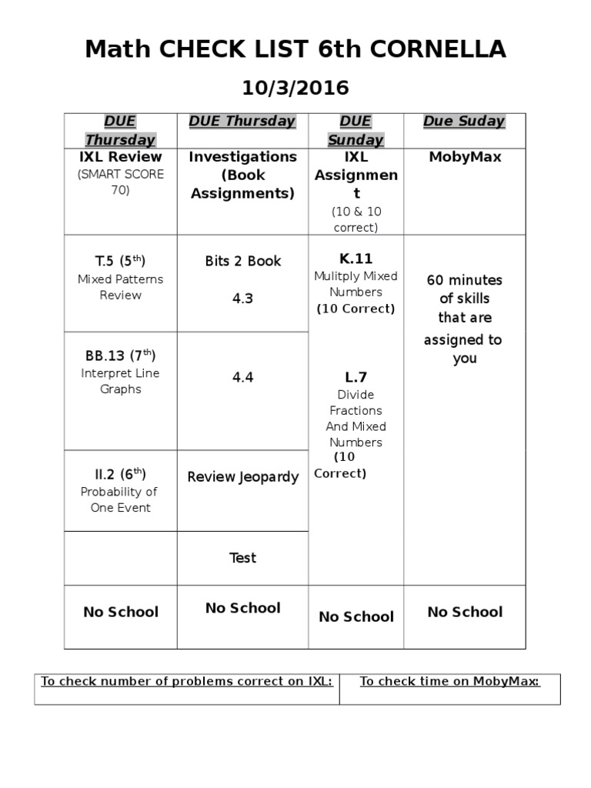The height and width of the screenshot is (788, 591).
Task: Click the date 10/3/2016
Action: pos(295,88)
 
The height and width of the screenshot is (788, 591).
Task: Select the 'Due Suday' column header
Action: pos(464,121)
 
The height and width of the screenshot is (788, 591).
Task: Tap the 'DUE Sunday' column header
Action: pos(355,130)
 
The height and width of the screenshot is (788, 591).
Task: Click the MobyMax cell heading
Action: pos(464,157)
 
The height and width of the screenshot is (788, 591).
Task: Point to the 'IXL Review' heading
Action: pos(120,157)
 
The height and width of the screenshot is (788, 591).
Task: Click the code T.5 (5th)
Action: pos(120,261)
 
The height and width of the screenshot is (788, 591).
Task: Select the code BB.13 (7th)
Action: pos(120,356)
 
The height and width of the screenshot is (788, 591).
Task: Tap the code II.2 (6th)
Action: pos(120,474)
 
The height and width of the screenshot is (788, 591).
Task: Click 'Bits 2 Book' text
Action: pos(242,261)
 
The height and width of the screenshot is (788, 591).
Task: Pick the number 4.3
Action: pos(242,299)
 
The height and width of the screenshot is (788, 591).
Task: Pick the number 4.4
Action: pos(242,377)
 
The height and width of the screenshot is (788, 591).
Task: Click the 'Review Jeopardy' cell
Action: pos(242,477)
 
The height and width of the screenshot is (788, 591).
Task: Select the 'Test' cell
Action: pos(242,558)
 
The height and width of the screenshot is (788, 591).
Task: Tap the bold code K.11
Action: pos(355,259)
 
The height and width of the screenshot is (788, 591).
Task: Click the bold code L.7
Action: pos(355,377)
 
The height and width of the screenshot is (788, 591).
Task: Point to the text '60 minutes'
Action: pos(464,280)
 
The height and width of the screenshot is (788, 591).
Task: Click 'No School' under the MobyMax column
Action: pos(464,612)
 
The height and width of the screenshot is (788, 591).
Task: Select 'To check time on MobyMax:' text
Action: pos(449,681)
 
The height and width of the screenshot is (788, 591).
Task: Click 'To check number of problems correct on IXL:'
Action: pos(186,681)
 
